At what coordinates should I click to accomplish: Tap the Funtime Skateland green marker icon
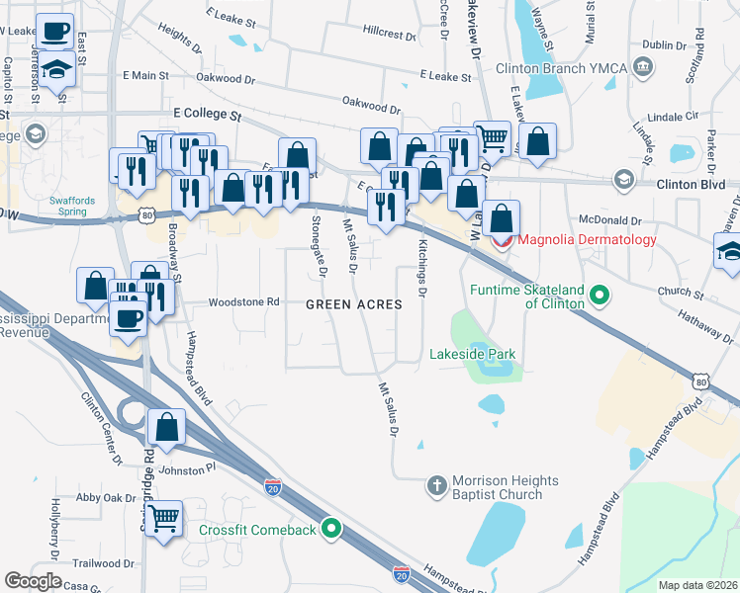(x=599, y=296)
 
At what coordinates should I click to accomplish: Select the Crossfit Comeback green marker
(x=332, y=531)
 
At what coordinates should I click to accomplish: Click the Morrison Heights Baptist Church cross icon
(x=436, y=485)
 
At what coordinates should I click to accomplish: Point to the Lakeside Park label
(x=472, y=354)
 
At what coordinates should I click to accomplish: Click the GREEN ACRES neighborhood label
(x=353, y=304)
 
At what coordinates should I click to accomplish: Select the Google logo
(x=33, y=581)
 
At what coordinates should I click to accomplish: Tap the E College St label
(x=207, y=116)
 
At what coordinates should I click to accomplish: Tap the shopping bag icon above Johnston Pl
(x=167, y=428)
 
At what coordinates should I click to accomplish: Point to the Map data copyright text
(x=697, y=585)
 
